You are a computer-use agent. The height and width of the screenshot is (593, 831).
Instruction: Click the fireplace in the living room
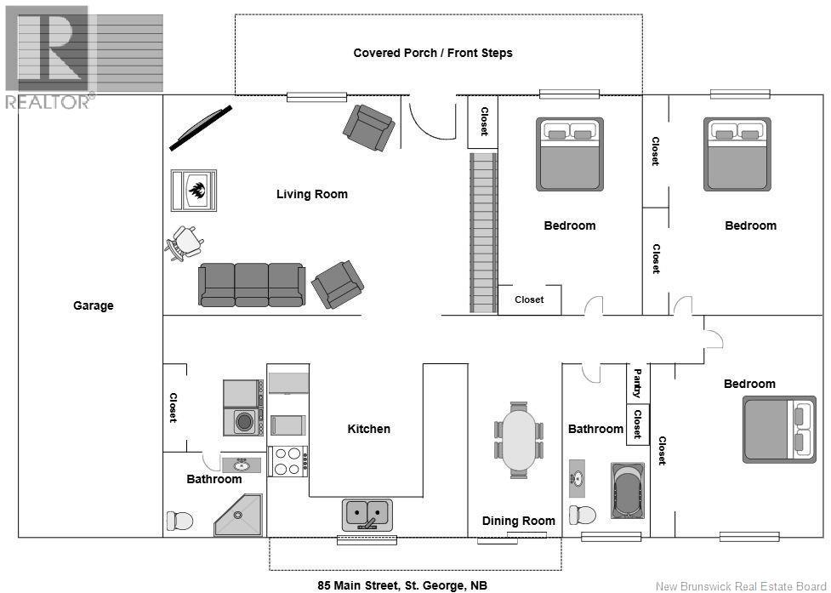pyautogui.click(x=193, y=191)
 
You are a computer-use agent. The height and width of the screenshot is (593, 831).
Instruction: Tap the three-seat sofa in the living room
pyautogui.click(x=252, y=284)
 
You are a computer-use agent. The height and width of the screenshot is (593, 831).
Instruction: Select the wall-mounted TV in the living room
pyautogui.click(x=201, y=128)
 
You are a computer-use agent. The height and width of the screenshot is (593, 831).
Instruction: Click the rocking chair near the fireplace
pyautogui.click(x=185, y=243)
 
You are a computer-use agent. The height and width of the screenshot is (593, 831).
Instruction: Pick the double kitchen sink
pyautogui.click(x=367, y=514)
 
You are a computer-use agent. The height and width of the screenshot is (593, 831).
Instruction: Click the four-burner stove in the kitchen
pyautogui.click(x=287, y=461)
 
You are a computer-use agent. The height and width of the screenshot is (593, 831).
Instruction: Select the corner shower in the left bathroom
pyautogui.click(x=238, y=515)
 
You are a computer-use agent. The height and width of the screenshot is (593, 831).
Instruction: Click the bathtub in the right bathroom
pyautogui.click(x=628, y=491)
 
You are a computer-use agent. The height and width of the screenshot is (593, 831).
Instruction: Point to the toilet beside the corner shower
pyautogui.click(x=179, y=521)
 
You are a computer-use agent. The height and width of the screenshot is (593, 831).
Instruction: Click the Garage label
pyautogui.click(x=94, y=305)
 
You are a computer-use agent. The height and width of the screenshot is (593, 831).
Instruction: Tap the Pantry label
pyautogui.click(x=637, y=383)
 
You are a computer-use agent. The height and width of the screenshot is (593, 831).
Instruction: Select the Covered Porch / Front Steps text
pyautogui.click(x=433, y=53)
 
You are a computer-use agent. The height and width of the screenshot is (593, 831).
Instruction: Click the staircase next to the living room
pyautogui.click(x=483, y=232)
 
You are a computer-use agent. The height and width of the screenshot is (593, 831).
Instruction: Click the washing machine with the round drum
pyautogui.click(x=243, y=422)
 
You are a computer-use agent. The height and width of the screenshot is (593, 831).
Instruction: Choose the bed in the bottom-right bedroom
pyautogui.click(x=779, y=429)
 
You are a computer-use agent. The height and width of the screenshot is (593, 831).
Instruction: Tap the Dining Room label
pyautogui.click(x=518, y=521)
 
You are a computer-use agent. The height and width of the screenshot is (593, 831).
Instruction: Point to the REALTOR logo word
pyautogui.click(x=48, y=102)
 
